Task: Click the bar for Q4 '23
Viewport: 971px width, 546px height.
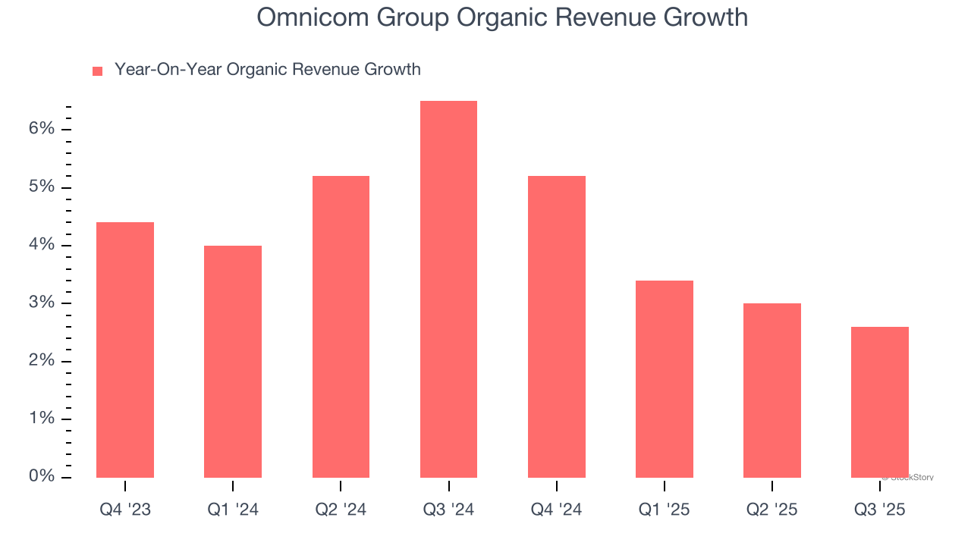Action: (125, 350)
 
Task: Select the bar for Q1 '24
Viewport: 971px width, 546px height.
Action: (233, 361)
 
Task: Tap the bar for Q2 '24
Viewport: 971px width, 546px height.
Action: (341, 326)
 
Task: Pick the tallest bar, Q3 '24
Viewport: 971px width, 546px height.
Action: (448, 289)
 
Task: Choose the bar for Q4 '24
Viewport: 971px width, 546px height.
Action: (556, 326)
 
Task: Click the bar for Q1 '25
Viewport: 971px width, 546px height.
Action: (664, 378)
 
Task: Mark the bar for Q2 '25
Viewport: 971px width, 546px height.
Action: (771, 390)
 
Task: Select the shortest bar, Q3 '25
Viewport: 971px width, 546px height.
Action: (879, 402)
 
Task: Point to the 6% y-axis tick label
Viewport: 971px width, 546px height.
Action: (42, 129)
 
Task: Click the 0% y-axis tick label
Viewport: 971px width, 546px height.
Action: (42, 477)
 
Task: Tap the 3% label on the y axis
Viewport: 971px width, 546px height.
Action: (42, 303)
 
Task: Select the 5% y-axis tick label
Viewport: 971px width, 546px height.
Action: (42, 187)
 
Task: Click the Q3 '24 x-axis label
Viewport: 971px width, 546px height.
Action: (448, 510)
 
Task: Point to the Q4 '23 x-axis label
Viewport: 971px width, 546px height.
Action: (125, 510)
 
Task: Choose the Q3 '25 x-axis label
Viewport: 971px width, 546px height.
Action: (879, 510)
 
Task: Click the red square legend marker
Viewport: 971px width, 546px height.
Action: (97, 71)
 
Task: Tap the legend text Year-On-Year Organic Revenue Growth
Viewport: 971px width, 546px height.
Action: (267, 70)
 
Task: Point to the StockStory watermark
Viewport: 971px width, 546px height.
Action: (909, 478)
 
